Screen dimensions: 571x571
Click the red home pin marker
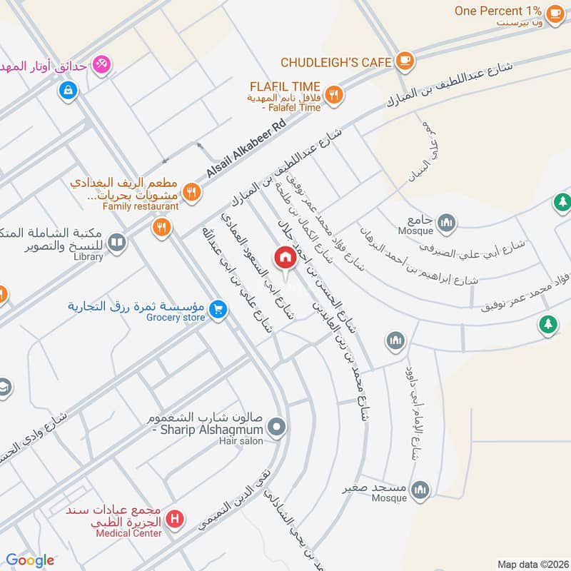285,258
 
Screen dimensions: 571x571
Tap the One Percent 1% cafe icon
555,12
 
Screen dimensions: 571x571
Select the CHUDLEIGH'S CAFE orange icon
405,61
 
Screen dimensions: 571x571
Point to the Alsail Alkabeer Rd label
245,149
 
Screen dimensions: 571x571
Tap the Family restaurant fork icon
191,191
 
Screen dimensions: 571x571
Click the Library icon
117,243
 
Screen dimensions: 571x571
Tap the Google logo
30,560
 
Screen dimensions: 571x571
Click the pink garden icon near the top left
102,64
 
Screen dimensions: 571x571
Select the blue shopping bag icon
68,90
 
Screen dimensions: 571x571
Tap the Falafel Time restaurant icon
333,94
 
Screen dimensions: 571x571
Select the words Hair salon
241,441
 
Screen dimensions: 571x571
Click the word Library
88,256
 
